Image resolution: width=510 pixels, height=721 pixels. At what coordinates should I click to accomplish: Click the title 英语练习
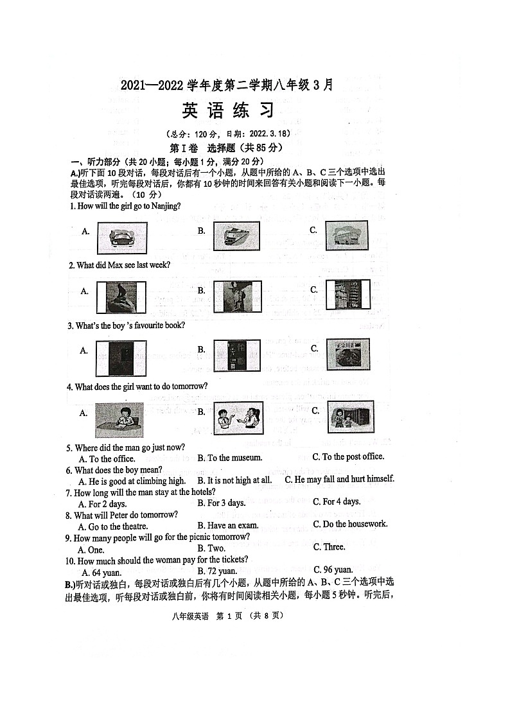tap(228, 111)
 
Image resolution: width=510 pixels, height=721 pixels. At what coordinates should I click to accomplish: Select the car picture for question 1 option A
tap(122, 238)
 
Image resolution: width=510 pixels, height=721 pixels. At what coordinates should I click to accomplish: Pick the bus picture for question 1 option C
tap(346, 236)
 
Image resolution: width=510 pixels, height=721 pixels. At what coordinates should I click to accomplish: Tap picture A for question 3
tap(121, 358)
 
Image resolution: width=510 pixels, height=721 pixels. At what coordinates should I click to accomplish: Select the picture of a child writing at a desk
tap(119, 420)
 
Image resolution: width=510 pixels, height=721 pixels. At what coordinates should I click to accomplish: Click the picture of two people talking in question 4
tap(238, 418)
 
